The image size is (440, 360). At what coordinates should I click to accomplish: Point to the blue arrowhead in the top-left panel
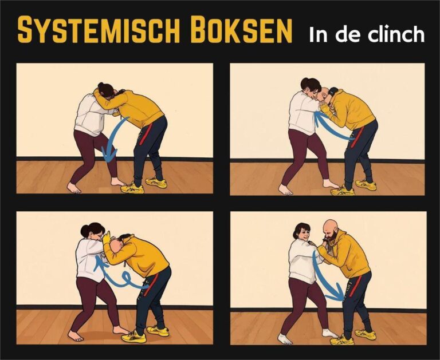click(x=109, y=155)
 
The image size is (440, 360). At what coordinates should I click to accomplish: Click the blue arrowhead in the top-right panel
click(x=319, y=118)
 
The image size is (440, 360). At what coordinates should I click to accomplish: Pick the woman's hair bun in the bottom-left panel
click(x=84, y=231)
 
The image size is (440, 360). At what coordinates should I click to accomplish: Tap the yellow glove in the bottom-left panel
click(x=107, y=238)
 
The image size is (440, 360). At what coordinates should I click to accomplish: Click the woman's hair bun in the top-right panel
click(x=304, y=83)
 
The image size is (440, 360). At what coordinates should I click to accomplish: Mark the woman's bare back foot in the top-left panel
click(x=73, y=188)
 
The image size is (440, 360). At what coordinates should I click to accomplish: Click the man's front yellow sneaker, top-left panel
click(x=132, y=188)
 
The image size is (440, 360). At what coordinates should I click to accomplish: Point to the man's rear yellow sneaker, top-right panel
click(x=366, y=185)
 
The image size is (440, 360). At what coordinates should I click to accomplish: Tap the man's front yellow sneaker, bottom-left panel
click(x=134, y=336)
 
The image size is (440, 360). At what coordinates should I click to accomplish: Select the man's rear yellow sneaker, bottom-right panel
click(x=366, y=334)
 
